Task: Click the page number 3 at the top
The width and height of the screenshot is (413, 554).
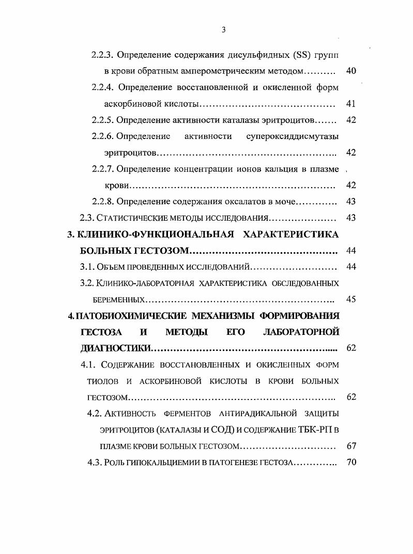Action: [223, 30]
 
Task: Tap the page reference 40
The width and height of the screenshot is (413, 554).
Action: [350, 71]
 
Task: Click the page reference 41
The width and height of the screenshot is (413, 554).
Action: [350, 104]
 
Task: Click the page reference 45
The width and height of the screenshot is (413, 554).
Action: [350, 299]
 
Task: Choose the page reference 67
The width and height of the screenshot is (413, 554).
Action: [350, 446]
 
